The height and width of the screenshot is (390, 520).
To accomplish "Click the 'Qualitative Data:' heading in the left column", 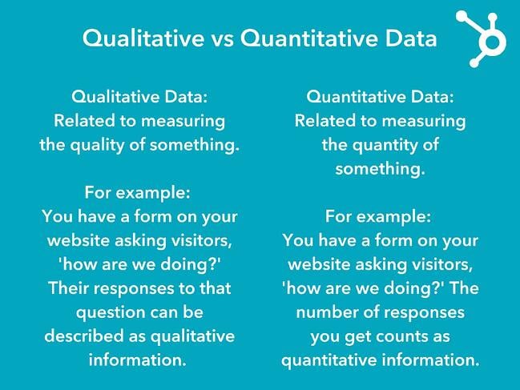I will [139, 97].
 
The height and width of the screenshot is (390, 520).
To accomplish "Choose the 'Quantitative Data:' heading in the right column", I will [380, 97].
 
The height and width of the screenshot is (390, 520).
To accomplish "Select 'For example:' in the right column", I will [380, 217].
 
